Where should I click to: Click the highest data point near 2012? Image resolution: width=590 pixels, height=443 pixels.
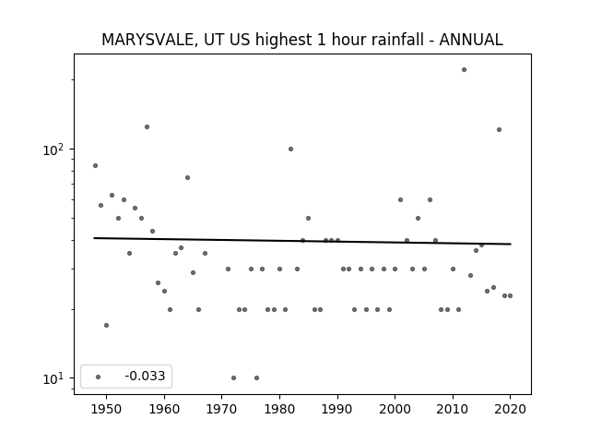464,70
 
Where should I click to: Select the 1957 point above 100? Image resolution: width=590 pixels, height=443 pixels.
147,127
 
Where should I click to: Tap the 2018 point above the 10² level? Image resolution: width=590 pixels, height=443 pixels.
499,129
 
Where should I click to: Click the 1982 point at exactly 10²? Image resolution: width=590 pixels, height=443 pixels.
291,150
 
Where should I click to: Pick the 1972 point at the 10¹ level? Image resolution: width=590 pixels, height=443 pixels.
233,377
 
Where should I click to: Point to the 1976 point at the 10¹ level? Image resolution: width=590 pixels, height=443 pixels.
256,377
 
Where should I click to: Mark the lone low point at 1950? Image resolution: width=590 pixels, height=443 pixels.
107,325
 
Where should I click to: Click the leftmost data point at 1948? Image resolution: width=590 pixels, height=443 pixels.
95,166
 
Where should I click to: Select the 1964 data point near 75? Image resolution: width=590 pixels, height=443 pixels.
187,178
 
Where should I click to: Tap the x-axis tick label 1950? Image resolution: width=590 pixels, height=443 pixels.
107,409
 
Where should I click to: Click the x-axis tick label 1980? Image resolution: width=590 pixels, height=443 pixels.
279,409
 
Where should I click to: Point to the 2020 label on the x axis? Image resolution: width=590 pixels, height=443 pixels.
510,409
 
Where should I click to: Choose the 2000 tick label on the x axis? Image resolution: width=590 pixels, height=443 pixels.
395,409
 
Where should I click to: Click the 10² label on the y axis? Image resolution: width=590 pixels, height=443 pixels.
53,150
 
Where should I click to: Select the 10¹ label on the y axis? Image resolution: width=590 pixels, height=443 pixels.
53,378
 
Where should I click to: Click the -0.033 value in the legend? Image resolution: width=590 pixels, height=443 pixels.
145,376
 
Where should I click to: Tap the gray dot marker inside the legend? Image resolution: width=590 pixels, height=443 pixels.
98,377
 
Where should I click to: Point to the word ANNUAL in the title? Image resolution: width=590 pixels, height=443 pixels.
471,40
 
